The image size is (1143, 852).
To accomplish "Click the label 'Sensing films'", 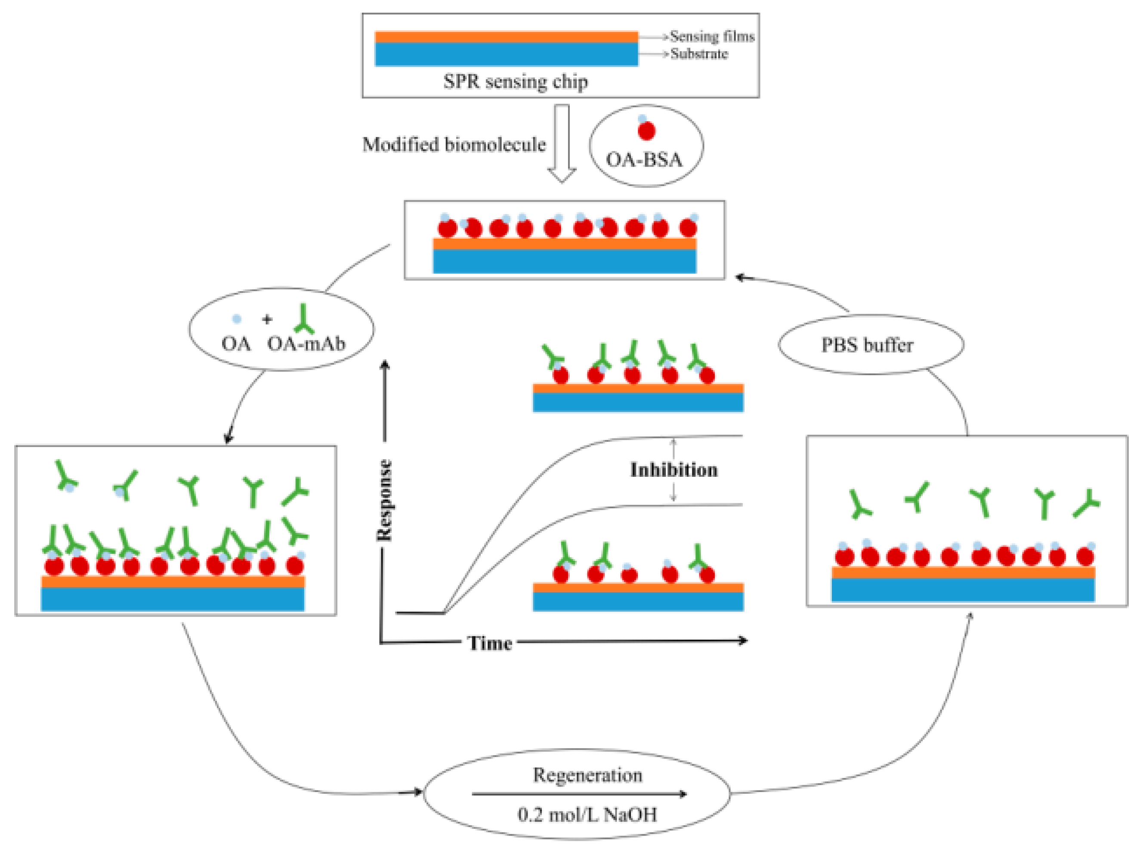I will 712,37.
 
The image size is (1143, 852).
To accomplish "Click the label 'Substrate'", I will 699,54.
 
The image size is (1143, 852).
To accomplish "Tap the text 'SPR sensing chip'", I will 515,81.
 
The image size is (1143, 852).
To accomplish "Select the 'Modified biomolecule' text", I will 454,144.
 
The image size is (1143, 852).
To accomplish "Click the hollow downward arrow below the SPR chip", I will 561,144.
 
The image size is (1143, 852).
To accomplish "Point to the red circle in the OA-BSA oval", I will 646,131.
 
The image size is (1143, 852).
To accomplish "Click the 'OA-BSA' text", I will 644,160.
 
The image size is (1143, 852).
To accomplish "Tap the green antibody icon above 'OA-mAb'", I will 303,319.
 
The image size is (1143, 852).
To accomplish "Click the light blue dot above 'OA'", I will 237,319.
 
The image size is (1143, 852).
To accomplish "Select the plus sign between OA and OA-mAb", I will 266,320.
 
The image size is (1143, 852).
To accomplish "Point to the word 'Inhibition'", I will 673,470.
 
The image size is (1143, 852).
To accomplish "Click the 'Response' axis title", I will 384,500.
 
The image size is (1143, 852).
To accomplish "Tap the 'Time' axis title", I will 490,643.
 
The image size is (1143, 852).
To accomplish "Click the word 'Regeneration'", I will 587,774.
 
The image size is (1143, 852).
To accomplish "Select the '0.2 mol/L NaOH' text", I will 587,815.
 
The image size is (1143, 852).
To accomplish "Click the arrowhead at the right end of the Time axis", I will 743,641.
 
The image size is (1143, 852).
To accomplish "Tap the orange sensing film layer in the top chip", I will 506,37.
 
